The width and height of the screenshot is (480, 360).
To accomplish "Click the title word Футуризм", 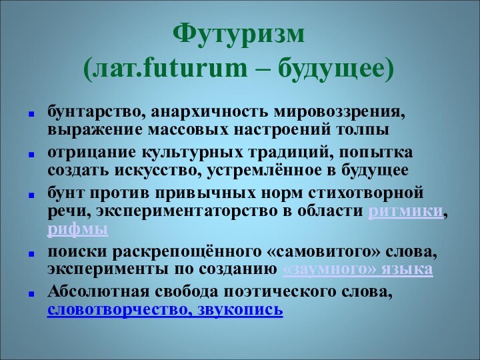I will pos(239,33).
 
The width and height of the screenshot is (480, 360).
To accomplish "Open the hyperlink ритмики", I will pos(405,211).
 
